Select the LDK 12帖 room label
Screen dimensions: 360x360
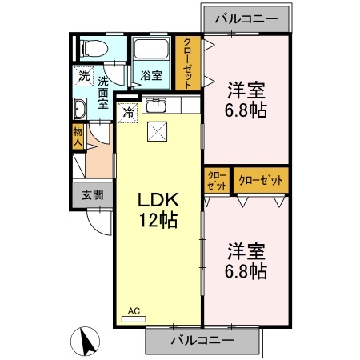[x=158, y=210]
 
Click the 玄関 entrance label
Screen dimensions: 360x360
[x=91, y=194]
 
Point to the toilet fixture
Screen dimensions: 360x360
[x=92, y=48]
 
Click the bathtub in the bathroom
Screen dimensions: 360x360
[x=151, y=50]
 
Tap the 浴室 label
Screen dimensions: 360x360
[x=152, y=76]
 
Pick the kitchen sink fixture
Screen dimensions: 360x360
[x=155, y=106]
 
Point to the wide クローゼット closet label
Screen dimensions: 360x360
[x=261, y=180]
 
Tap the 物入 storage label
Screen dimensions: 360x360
[x=78, y=136]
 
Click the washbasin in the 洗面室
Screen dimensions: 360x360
[x=81, y=109]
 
